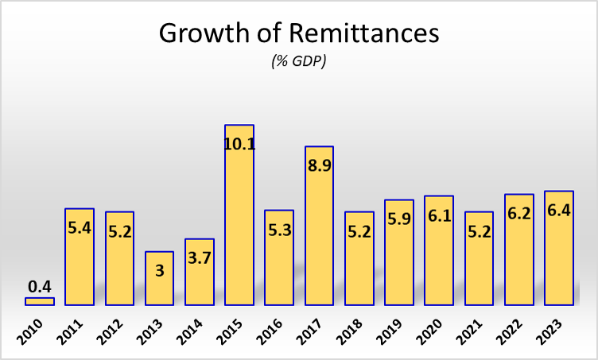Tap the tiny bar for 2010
pos(40,301)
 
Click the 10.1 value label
pos(239,145)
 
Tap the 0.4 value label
pos(40,285)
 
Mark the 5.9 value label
pos(399,220)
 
